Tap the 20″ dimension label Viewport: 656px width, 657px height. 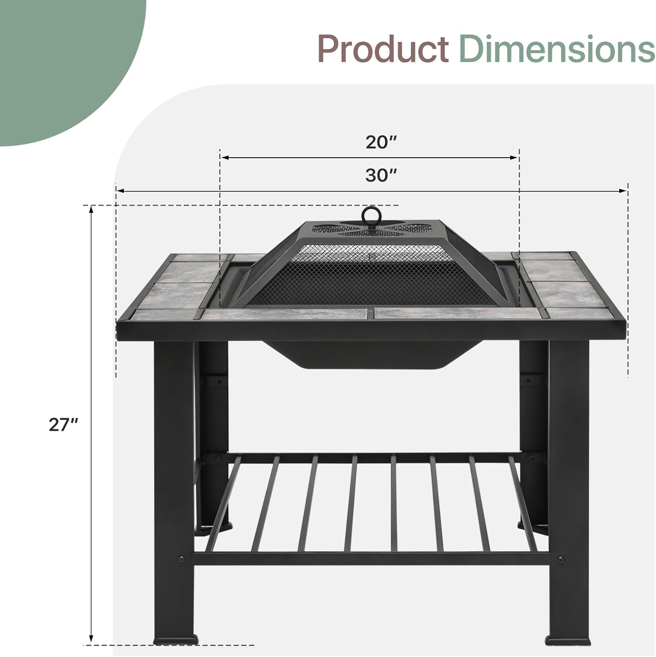tap(381, 142)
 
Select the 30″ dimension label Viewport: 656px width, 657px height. tap(381, 176)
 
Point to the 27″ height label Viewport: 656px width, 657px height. tap(63, 425)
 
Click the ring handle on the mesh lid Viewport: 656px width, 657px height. tap(370, 215)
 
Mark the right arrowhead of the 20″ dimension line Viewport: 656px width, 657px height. tap(514, 157)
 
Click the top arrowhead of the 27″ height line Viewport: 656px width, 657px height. tap(91, 210)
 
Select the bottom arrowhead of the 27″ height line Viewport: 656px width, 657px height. tap(91, 639)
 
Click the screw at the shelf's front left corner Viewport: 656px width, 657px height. tap(182, 559)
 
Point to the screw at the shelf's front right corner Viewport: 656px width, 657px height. tap(560, 559)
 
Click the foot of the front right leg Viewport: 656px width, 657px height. tap(568, 641)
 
